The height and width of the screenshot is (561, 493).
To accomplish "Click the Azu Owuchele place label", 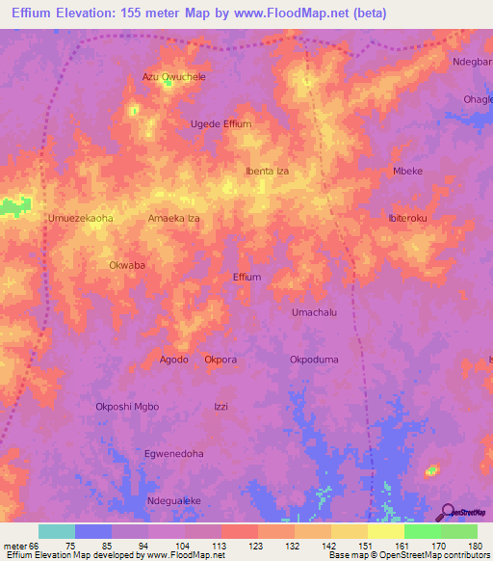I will pyautogui.click(x=174, y=76).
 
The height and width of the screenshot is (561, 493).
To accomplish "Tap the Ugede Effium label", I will pyautogui.click(x=221, y=124).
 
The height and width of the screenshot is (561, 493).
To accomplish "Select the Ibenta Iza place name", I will pyautogui.click(x=267, y=171).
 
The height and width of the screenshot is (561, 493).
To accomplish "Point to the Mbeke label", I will pyautogui.click(x=407, y=171).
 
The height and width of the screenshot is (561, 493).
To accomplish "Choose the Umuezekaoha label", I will pyautogui.click(x=80, y=218).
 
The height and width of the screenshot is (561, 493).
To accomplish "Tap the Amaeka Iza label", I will pyautogui.click(x=173, y=219).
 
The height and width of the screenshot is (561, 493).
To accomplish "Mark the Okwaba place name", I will pyautogui.click(x=127, y=264).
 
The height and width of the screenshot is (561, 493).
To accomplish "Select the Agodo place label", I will pyautogui.click(x=173, y=360).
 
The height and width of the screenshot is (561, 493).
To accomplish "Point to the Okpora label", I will pyautogui.click(x=221, y=360).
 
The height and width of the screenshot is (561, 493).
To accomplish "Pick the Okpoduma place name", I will pyautogui.click(x=314, y=360).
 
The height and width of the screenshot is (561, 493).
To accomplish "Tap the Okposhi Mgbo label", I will pyautogui.click(x=127, y=406).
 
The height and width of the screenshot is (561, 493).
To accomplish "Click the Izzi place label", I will pyautogui.click(x=221, y=406).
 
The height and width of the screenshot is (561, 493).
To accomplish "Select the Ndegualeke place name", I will pyautogui.click(x=173, y=500).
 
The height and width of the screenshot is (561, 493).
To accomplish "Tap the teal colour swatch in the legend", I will pyautogui.click(x=56, y=531).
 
